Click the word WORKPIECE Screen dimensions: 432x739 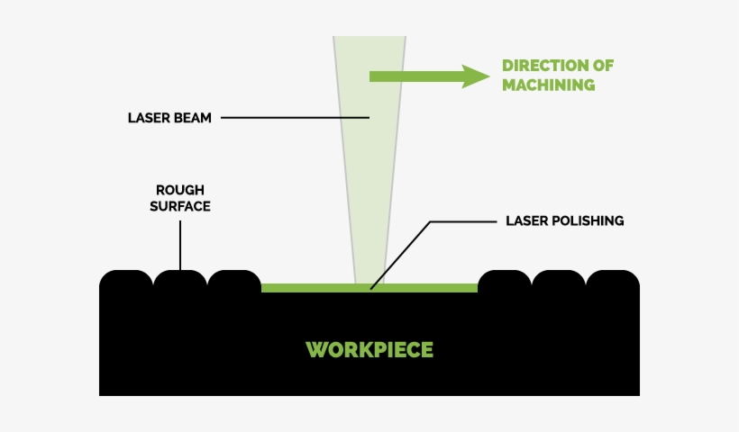[369, 349]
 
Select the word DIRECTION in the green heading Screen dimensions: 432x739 [538, 67]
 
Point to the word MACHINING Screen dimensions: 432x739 [548, 85]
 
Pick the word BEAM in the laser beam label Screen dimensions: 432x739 [192, 118]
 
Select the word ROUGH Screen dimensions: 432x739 [180, 190]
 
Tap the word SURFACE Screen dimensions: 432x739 [180, 206]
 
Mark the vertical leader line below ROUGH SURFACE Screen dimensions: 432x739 [180, 243]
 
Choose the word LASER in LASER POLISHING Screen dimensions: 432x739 [525, 220]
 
